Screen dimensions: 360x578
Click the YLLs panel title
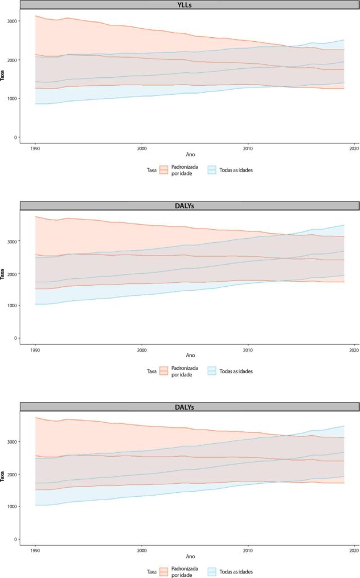pos(185,5)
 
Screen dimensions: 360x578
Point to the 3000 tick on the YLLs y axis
pos(12,21)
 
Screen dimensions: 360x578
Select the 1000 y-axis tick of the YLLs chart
pos(12,99)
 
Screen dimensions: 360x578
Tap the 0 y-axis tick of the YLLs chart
pos(15,138)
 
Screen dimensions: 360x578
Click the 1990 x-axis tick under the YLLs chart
pos(35,148)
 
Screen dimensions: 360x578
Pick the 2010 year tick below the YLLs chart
pos(248,148)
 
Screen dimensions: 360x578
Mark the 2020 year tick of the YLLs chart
pos(354,148)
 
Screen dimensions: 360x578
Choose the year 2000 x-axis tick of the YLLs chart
pos(142,148)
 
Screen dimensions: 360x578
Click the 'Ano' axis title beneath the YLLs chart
pos(190,155)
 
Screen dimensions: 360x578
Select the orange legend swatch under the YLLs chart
pos(164,170)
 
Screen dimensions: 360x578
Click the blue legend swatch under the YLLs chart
pos(212,170)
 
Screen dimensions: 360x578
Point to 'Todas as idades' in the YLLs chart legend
pos(236,170)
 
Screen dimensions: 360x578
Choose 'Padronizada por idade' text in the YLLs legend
pos(185,170)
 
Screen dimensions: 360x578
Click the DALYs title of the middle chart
pos(185,206)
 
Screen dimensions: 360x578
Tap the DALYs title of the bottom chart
pos(185,408)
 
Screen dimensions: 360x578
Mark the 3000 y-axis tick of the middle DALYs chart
pos(12,242)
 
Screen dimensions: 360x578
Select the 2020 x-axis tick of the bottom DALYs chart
pos(354,551)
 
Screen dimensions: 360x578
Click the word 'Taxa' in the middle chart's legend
pos(152,371)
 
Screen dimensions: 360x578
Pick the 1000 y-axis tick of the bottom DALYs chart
pos(12,507)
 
